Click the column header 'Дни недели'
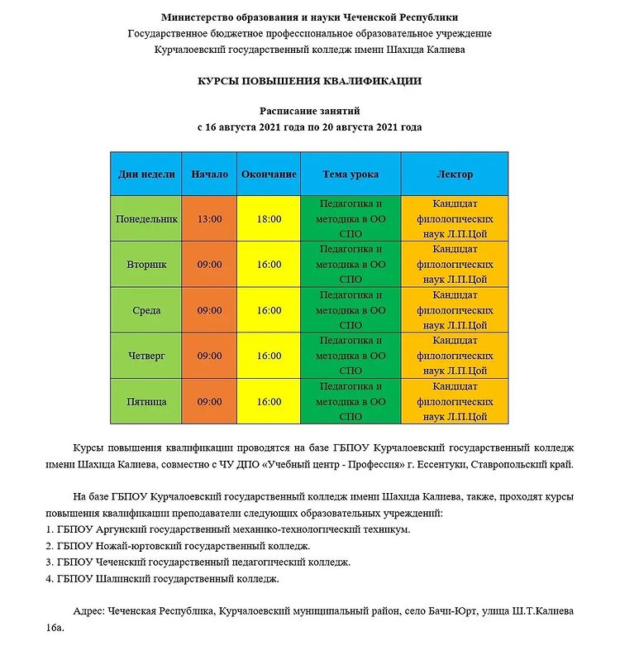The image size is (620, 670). coord(146,175)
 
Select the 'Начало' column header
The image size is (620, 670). coord(209,175)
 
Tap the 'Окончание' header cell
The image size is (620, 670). coord(269,175)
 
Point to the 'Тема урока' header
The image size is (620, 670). coord(351,175)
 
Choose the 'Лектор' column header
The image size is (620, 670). coord(455,175)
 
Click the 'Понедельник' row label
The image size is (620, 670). coord(146,219)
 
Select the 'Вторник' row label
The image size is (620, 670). coord(146,265)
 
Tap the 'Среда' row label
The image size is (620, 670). coord(146,310)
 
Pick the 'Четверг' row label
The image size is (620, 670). coord(146,356)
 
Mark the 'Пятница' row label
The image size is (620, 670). coord(146,401)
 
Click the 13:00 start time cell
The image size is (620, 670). coord(209,219)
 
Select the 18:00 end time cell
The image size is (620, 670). coord(269,219)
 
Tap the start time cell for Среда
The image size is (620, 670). coord(209,310)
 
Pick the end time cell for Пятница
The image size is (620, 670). coord(269,401)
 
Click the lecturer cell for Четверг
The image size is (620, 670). coord(455,356)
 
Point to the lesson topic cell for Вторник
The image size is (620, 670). coord(351,265)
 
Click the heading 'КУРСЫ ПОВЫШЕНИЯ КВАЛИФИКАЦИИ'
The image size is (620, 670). coord(309,81)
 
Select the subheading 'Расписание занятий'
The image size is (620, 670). coord(309,111)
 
